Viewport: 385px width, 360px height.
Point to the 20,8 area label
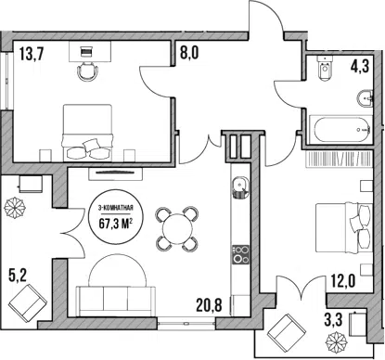pyautogui.click(x=209, y=305)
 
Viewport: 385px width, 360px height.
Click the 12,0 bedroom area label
pyautogui.click(x=342, y=280)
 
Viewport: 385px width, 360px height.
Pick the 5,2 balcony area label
pyautogui.click(x=18, y=276)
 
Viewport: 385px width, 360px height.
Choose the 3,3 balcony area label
pyautogui.click(x=333, y=320)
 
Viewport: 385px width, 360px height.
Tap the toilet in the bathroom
pyautogui.click(x=325, y=69)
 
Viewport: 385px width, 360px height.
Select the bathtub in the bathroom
pyautogui.click(x=340, y=130)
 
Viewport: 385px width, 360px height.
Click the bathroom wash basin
pyautogui.click(x=365, y=99)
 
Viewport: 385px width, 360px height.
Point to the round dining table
pyautogui.click(x=177, y=229)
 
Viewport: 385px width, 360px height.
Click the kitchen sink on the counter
pyautogui.click(x=239, y=187)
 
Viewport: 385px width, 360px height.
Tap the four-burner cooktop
pyautogui.click(x=240, y=254)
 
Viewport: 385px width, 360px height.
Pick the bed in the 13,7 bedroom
pyautogui.click(x=87, y=133)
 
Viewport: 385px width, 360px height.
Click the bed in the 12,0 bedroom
pyautogui.click(x=343, y=227)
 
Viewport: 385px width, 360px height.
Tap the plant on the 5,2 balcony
pyautogui.click(x=14, y=207)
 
